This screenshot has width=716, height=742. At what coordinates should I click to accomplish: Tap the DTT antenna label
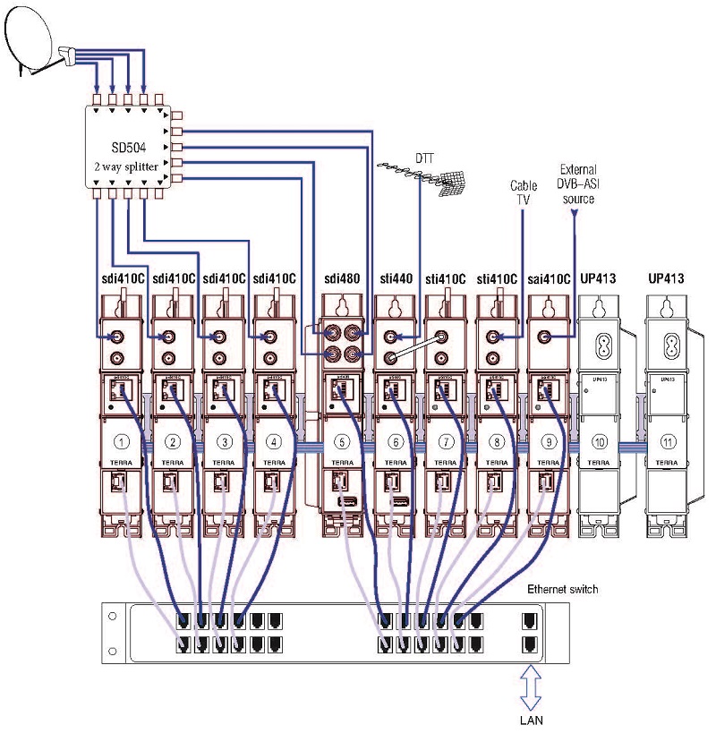point(424,158)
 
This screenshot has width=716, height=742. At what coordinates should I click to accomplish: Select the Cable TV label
point(524,192)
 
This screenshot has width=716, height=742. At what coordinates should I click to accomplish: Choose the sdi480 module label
point(340,279)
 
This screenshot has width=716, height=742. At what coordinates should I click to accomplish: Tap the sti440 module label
point(394,279)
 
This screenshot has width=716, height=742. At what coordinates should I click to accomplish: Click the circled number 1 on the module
point(123,441)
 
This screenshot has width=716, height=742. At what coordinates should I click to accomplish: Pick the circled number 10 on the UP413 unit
point(600,441)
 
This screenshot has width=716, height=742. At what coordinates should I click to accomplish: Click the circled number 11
point(666,441)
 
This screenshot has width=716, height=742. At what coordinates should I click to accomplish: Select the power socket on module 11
point(666,345)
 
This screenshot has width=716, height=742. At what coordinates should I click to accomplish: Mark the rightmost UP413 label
point(666,279)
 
